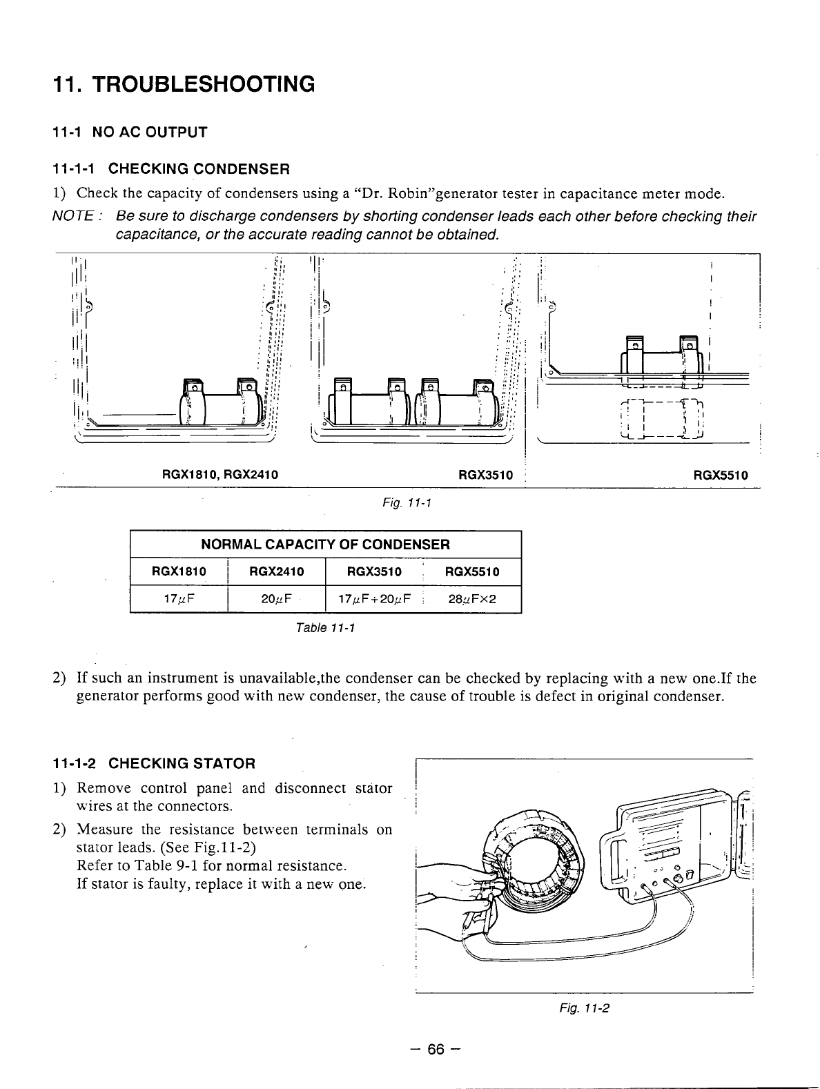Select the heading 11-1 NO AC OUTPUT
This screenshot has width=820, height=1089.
click(130, 132)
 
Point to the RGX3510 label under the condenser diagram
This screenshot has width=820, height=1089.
click(486, 475)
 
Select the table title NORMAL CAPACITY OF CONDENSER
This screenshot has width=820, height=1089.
click(325, 544)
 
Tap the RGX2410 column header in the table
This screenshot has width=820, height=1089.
click(276, 571)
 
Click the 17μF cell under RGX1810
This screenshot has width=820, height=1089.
click(179, 599)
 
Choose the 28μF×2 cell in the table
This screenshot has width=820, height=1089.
click(472, 599)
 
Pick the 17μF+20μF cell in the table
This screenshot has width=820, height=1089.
click(374, 599)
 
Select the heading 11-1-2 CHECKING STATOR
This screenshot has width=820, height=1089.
click(154, 763)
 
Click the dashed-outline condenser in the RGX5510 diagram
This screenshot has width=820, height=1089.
click(661, 419)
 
